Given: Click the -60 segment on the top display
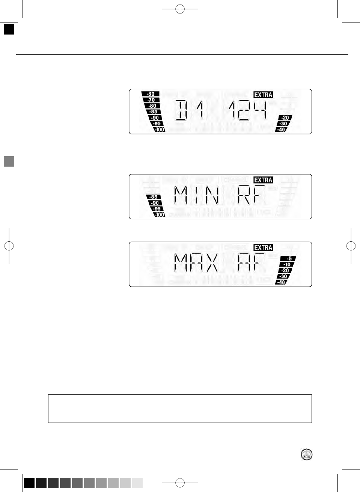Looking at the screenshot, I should coord(151,94).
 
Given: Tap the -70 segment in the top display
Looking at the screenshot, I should coord(151,100).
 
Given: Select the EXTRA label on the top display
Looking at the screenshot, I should coord(263,95).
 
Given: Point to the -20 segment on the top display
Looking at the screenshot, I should coord(285,118).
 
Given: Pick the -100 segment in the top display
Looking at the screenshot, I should coord(160,130).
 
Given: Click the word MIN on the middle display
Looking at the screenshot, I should coord(197,196).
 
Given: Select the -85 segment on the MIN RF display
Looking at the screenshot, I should coord(153,197).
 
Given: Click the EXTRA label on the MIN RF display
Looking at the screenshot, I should coord(263,180).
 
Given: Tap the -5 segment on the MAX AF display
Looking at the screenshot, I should coord(289,259).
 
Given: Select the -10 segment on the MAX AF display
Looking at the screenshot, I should coord(287,265).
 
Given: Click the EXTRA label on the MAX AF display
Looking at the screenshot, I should coord(263,248).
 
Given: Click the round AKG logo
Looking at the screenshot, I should coord(307,454).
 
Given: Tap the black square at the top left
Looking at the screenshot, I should coord(9,29).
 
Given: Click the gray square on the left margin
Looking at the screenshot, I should coord(9,161).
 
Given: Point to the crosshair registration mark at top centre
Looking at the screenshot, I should coord(180,9).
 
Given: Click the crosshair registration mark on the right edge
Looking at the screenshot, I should coord(351,246).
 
